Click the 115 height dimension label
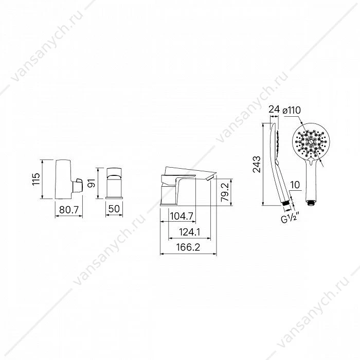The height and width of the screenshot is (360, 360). [36, 179]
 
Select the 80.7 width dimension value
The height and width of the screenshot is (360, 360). [69, 209]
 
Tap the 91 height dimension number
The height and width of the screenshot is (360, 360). [92, 183]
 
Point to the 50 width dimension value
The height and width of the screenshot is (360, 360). [114, 209]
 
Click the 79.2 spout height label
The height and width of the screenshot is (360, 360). [225, 192]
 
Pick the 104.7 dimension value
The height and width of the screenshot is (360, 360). [182, 216]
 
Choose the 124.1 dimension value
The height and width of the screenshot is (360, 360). [190, 232]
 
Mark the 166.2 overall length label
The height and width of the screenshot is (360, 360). [188, 247]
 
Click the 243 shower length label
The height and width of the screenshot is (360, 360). [257, 164]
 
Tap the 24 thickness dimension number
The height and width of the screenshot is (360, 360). [274, 109]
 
